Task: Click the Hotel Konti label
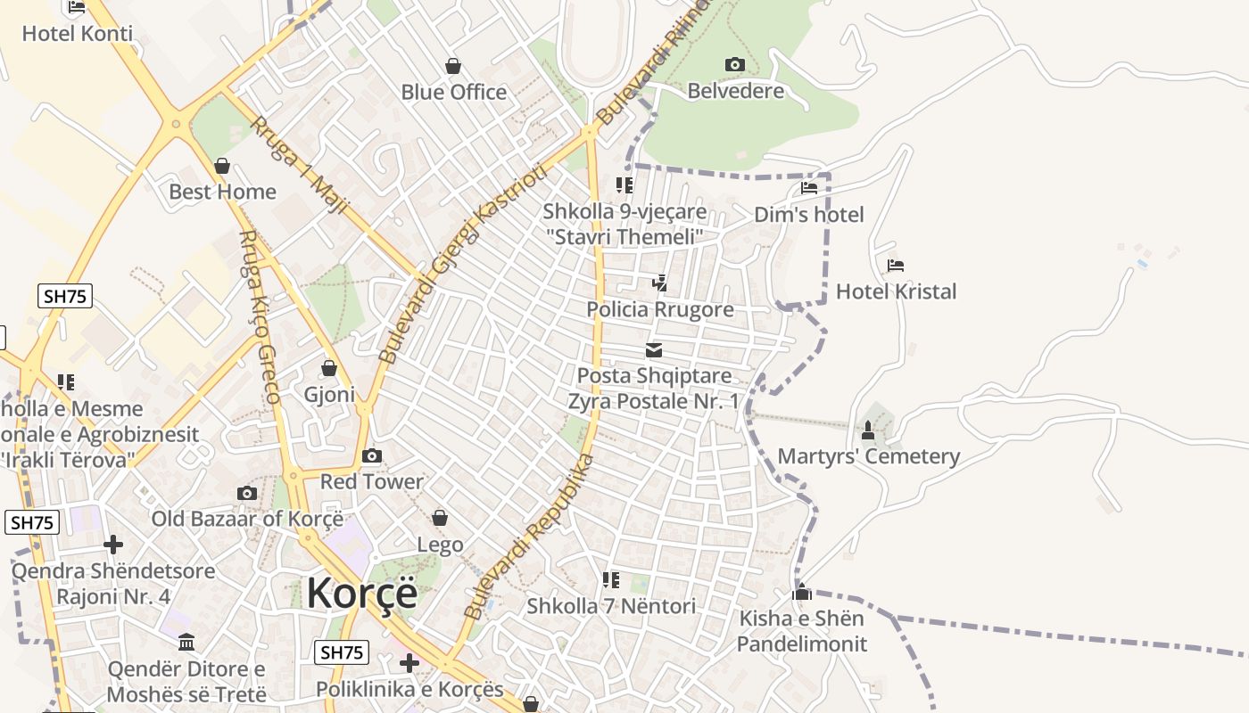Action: pyautogui.click(x=77, y=34)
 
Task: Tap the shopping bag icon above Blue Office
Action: pyautogui.click(x=453, y=66)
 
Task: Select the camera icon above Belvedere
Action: pyautogui.click(x=735, y=64)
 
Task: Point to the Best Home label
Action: pyautogui.click(x=222, y=192)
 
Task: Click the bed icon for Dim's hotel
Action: pyautogui.click(x=809, y=188)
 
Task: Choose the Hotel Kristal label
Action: pyautogui.click(x=896, y=291)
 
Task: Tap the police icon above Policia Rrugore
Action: pyautogui.click(x=659, y=283)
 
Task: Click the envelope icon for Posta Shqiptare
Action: pyautogui.click(x=654, y=350)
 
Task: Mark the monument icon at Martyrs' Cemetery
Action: pyautogui.click(x=867, y=431)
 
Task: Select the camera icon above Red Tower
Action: pyautogui.click(x=371, y=456)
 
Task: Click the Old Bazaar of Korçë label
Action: pyautogui.click(x=247, y=519)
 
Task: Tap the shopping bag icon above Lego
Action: pyautogui.click(x=440, y=518)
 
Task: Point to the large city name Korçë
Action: pyautogui.click(x=362, y=593)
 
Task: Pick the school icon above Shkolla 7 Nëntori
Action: pyautogui.click(x=611, y=580)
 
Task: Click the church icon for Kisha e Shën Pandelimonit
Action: pyautogui.click(x=801, y=593)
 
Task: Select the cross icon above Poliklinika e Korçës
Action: pyautogui.click(x=409, y=663)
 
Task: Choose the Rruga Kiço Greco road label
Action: pyautogui.click(x=260, y=316)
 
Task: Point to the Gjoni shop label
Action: pyautogui.click(x=329, y=394)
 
